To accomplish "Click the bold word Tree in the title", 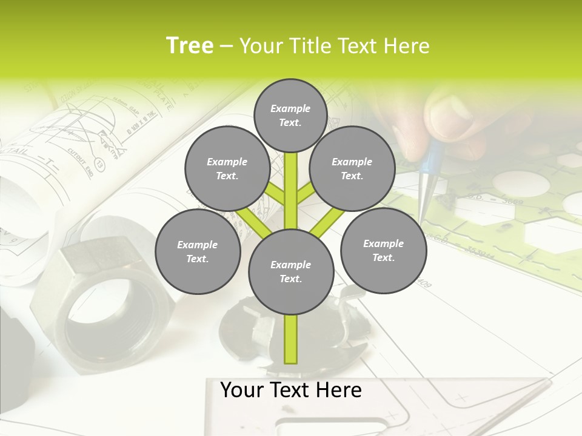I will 190,45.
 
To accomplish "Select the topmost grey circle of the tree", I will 290,114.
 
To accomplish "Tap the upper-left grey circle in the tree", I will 227,169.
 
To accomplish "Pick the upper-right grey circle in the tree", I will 352,169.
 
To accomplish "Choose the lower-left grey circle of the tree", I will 198,252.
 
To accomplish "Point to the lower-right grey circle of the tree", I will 383,251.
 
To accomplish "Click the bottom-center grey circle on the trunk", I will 291,272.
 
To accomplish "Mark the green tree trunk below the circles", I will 291,339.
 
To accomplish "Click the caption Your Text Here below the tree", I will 291,390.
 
